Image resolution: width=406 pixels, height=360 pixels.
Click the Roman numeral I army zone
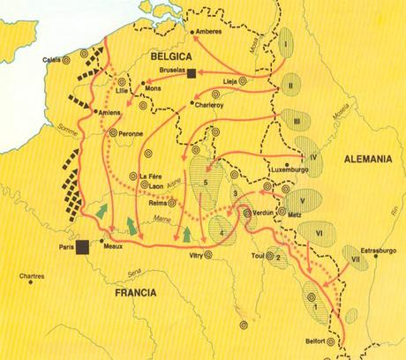tap(288, 44)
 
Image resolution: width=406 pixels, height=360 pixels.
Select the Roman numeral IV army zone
tap(312, 156)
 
